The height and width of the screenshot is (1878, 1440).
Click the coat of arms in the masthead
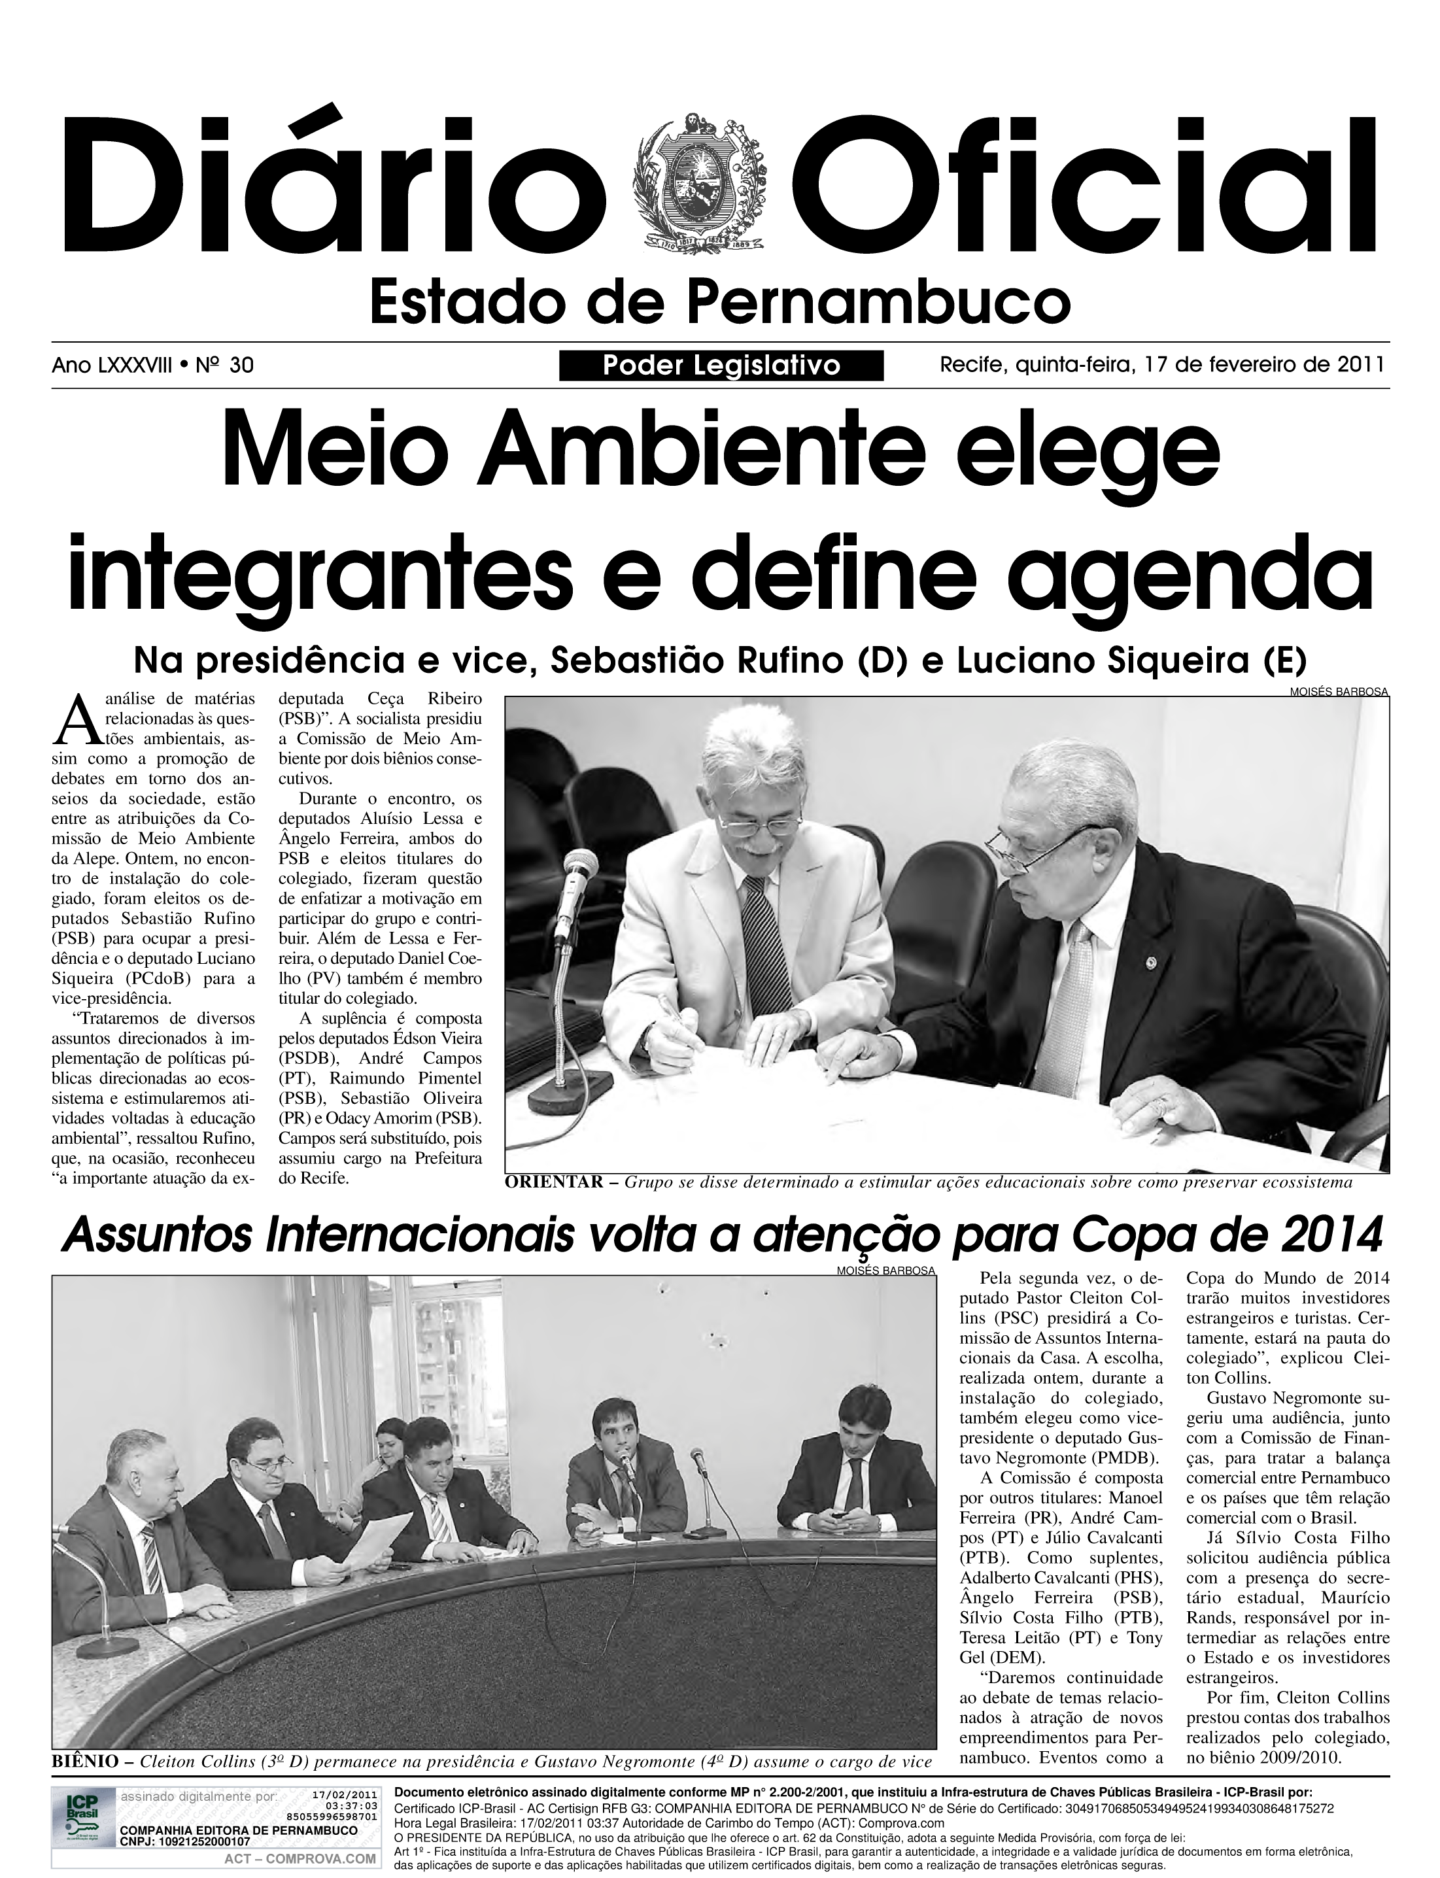coord(700,182)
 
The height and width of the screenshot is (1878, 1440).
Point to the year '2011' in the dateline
coord(1361,365)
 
